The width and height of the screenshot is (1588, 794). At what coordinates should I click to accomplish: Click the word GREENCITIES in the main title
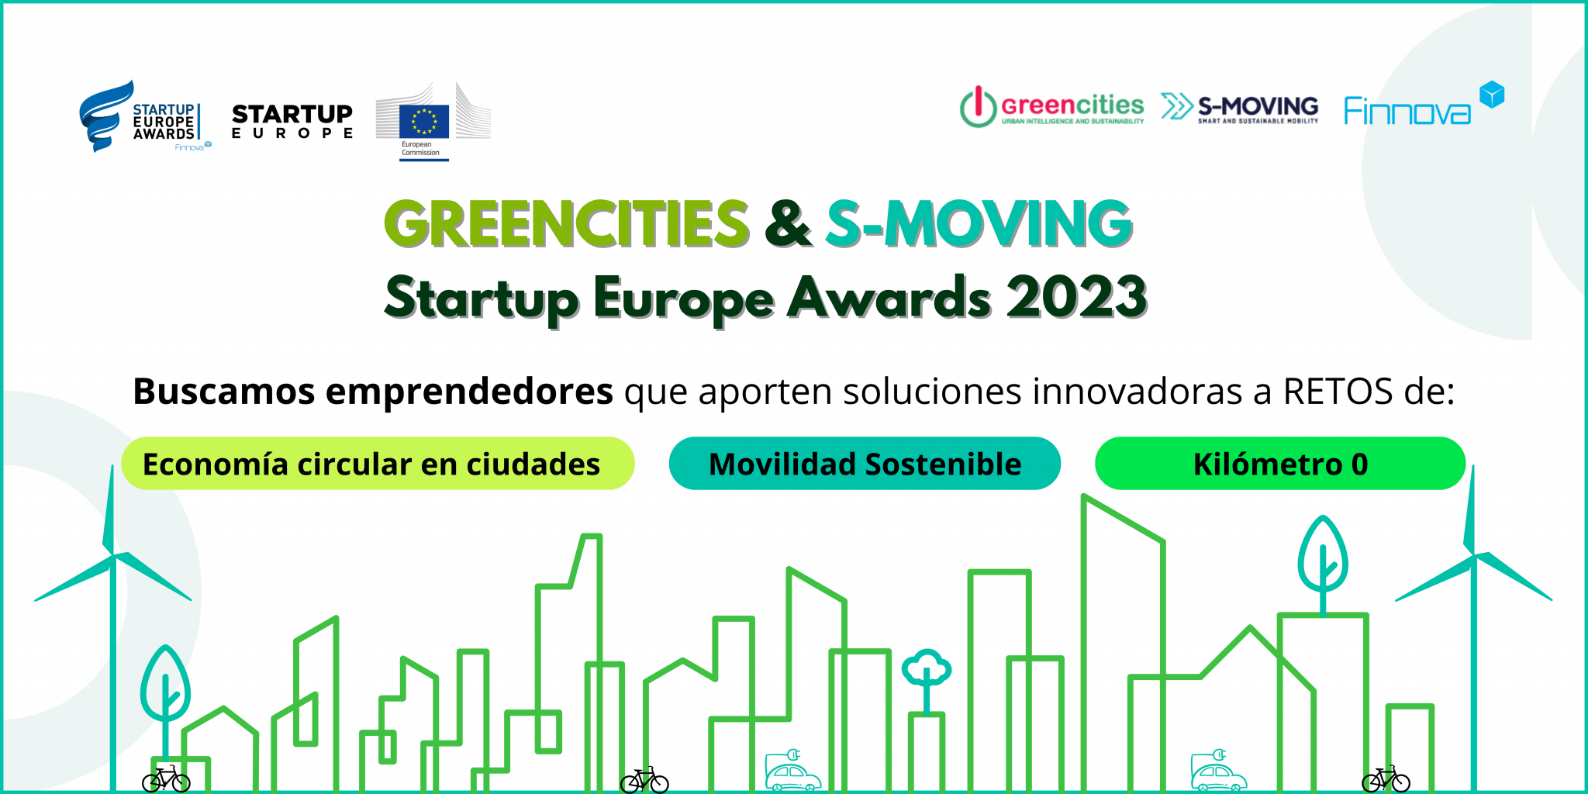(567, 223)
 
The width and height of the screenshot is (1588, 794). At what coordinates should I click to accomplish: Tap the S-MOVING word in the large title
(979, 223)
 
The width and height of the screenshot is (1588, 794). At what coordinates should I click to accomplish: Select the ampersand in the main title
(788, 223)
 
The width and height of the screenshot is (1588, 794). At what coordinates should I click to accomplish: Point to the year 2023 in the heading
(1076, 297)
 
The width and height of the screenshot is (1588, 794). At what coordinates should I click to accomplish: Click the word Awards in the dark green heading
(889, 297)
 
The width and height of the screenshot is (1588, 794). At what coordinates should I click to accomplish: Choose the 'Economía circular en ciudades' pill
(378, 464)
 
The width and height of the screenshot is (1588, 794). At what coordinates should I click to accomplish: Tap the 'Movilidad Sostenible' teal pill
(865, 464)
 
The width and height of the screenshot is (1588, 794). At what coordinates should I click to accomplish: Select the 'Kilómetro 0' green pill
(1280, 464)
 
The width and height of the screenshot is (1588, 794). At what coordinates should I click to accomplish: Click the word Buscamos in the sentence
(224, 391)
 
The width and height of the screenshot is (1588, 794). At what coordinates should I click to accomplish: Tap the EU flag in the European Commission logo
(424, 121)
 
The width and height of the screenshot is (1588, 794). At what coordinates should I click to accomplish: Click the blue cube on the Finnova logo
(1492, 95)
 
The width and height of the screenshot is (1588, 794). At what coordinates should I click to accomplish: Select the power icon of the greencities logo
(978, 106)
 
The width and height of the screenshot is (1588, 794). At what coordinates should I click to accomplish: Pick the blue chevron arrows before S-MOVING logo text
(1177, 107)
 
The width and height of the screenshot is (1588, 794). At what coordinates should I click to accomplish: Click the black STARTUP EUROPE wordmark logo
(292, 121)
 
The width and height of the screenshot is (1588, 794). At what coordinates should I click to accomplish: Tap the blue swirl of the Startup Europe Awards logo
(105, 115)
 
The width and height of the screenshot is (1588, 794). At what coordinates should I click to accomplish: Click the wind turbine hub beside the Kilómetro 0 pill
(1473, 556)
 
